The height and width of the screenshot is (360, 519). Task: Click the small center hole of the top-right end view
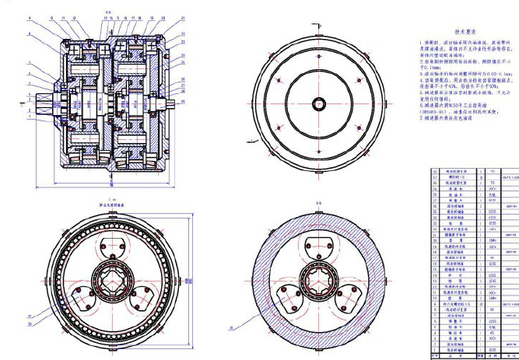[320, 103]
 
